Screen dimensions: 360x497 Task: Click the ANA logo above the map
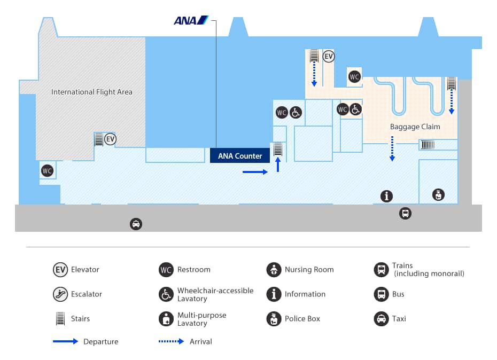click(x=191, y=20)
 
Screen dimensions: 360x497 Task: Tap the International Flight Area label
click(x=91, y=92)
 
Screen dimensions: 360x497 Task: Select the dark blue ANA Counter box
click(x=240, y=156)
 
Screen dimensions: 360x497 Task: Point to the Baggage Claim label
click(x=415, y=127)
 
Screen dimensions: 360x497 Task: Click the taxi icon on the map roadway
click(x=136, y=224)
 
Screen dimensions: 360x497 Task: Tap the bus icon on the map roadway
click(x=405, y=214)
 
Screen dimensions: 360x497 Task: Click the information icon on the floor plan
click(x=386, y=196)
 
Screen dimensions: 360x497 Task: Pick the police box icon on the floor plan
click(x=438, y=194)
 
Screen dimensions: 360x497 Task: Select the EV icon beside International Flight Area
click(x=110, y=139)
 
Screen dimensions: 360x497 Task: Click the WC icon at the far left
click(x=48, y=171)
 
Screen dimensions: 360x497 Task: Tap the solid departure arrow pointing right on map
click(x=255, y=172)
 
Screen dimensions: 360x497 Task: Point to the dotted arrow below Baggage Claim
click(x=392, y=148)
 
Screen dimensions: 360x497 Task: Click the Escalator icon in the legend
click(x=60, y=294)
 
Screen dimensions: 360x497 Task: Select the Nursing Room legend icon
click(x=274, y=269)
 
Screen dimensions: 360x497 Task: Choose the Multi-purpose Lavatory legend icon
click(x=166, y=319)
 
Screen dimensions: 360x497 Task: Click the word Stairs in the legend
click(x=80, y=319)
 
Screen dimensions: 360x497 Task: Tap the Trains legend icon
click(x=381, y=269)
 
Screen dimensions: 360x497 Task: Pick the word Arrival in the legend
click(x=201, y=341)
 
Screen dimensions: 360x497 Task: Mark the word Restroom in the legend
click(x=194, y=270)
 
